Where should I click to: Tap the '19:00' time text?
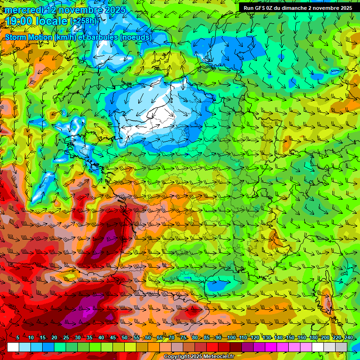tap(20, 21)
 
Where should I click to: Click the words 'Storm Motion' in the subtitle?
tap(27, 37)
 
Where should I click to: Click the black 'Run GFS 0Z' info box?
tap(298, 8)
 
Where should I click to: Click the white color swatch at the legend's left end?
tap(13, 347)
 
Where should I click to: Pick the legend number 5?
tap(18, 338)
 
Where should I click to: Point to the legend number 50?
tap(124, 338)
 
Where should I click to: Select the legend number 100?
tap(231, 338)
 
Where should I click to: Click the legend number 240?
tap(348, 338)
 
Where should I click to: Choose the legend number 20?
tap(54, 338)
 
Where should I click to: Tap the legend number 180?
tap(313, 338)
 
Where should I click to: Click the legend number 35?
tap(89, 338)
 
